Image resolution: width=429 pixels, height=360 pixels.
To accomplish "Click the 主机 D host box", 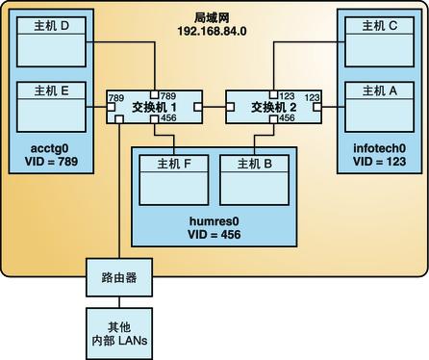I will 49,48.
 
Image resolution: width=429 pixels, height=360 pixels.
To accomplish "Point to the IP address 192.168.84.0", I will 213,30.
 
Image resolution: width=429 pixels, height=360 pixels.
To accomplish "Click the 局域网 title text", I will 213,15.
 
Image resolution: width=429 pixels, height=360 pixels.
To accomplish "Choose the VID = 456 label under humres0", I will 213,234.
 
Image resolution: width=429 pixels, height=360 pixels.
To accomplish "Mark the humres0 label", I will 213,220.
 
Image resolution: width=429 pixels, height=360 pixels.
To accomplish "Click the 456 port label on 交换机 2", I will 289,119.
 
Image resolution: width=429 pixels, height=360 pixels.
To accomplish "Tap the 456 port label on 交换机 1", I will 168,119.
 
